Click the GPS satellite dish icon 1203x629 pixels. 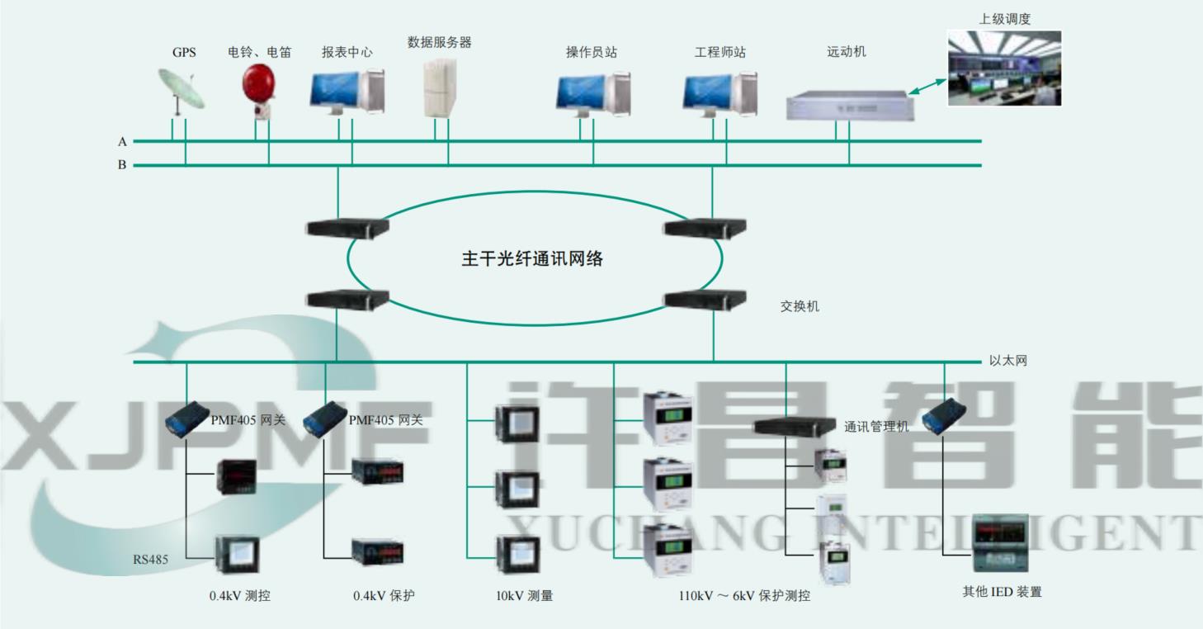[181, 90]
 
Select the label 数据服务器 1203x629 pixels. [439, 43]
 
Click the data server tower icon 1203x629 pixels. [440, 87]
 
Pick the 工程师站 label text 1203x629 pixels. [719, 52]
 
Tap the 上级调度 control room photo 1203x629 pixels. [1003, 69]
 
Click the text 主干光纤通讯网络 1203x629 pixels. [532, 259]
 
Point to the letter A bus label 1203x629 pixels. [122, 142]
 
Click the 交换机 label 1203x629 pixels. [800, 307]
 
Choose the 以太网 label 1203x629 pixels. [1007, 362]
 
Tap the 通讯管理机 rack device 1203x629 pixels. [795, 426]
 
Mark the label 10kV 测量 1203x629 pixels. [524, 595]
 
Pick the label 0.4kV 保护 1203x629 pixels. [384, 595]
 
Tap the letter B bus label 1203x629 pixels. [122, 165]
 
